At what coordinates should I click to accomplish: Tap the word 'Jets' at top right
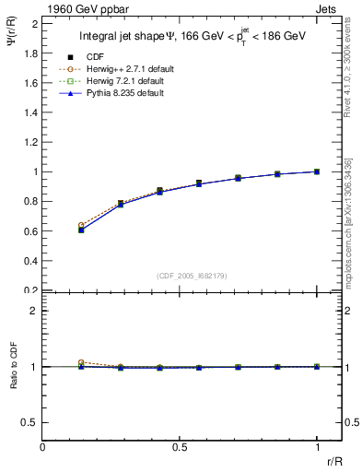click(327, 8)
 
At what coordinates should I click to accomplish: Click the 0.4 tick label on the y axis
click(30, 261)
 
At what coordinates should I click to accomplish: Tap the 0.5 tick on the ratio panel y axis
click(30, 422)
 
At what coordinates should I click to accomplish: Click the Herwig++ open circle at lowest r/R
click(81, 225)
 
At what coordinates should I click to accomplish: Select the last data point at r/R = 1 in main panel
click(318, 171)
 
